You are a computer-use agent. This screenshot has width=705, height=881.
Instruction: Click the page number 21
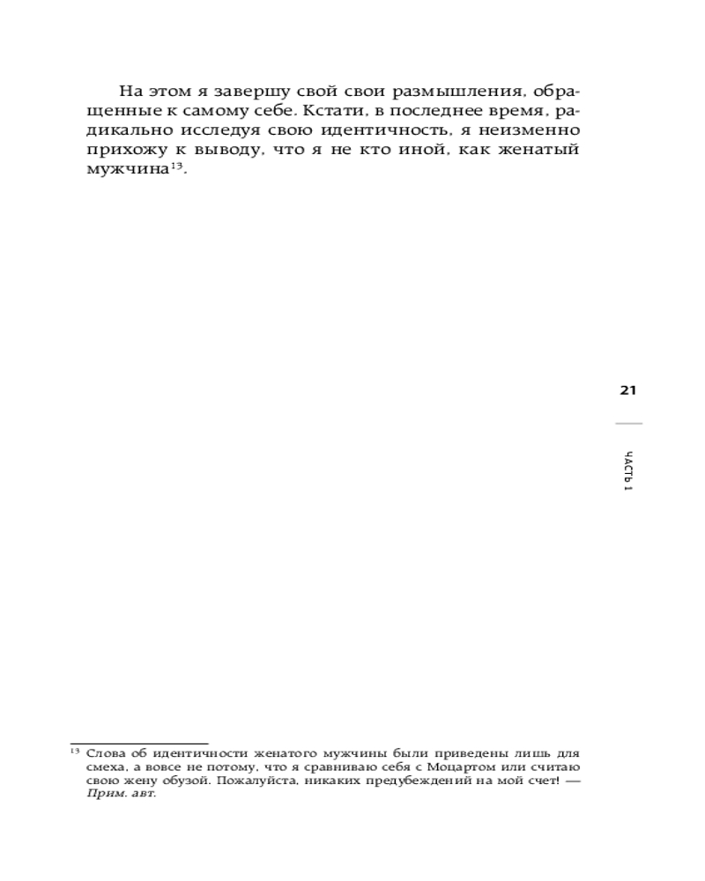tap(628, 391)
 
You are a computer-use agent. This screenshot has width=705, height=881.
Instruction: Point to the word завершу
tap(252, 92)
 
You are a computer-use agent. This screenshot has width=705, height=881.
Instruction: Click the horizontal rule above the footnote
tap(139, 744)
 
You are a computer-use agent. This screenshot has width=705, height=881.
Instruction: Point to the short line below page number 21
tap(628, 424)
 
